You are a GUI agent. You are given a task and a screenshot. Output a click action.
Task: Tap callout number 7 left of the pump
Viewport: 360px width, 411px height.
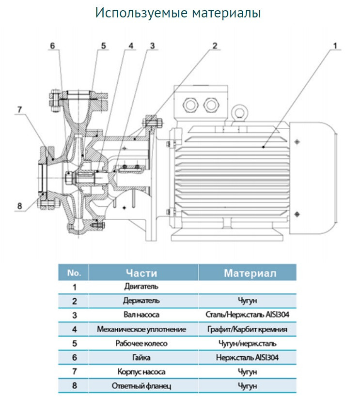click(x=19, y=109)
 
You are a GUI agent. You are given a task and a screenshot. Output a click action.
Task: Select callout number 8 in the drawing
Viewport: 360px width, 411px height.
click(x=19, y=206)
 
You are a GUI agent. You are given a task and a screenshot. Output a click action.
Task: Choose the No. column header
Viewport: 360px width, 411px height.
click(x=74, y=273)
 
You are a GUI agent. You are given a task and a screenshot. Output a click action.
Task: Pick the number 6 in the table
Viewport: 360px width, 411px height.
click(x=74, y=358)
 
